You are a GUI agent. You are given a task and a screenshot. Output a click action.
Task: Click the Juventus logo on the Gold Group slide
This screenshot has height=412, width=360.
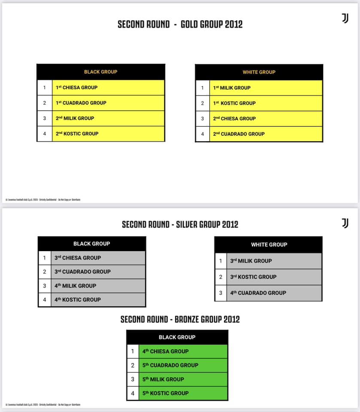345,18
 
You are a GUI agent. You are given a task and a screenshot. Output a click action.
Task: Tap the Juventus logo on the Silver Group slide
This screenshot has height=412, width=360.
345,223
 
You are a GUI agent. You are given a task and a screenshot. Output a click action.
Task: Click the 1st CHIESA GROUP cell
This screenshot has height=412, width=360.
108,88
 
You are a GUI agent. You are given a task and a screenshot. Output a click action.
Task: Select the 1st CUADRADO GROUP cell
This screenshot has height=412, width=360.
108,103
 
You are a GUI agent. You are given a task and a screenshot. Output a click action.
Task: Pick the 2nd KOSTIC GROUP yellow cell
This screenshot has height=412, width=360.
108,133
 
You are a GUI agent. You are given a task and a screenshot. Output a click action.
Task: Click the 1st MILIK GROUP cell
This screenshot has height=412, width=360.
265,88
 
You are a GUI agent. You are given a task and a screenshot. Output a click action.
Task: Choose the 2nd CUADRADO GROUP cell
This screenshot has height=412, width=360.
265,134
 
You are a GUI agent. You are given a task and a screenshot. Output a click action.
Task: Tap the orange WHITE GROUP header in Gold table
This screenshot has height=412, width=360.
259,72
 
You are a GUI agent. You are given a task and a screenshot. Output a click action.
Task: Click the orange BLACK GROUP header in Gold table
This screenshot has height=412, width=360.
101,72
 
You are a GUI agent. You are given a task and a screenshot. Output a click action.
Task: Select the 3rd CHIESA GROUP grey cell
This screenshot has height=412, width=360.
98,258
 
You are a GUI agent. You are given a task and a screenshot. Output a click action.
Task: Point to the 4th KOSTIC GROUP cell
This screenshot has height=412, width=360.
98,300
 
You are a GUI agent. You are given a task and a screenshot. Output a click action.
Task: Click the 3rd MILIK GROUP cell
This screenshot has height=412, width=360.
274,261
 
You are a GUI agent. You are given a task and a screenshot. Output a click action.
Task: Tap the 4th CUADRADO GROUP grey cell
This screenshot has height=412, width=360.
274,293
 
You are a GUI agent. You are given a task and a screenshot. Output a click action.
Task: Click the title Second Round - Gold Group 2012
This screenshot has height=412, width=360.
180,24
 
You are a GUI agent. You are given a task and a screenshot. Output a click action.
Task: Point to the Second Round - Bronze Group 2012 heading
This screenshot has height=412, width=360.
180,319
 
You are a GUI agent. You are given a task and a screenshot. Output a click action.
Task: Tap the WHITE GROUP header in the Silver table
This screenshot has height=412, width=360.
269,245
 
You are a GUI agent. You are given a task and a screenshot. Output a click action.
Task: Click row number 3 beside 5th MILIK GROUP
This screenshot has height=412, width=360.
133,379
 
